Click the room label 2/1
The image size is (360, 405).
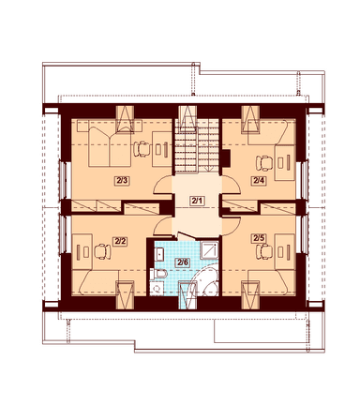point(197,201)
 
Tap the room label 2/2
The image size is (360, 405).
point(120,242)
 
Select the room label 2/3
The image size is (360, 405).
point(122,181)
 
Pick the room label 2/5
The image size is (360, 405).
point(259,238)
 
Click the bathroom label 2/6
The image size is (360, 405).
point(183,262)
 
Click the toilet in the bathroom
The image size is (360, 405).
point(158,274)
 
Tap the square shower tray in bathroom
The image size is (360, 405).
point(209,249)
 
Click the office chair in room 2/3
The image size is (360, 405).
point(142,149)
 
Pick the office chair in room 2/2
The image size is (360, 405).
point(102,252)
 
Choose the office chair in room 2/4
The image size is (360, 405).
point(264,163)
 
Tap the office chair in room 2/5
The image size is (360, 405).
point(264,252)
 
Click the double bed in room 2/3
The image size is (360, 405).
point(109,146)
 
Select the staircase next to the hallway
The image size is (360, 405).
point(197,145)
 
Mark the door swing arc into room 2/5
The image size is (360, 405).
point(232,226)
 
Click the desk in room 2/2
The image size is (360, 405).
point(82,251)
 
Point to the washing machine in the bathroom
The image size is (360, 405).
point(157,288)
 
